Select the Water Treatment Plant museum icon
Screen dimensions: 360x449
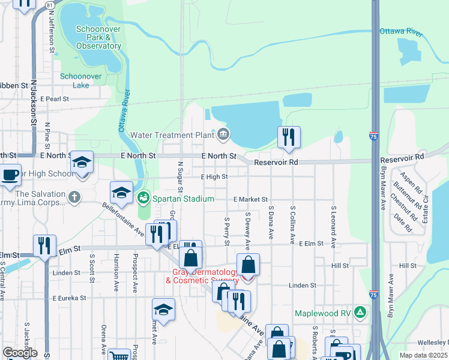(x=223, y=134)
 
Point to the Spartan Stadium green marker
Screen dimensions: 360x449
(x=144, y=197)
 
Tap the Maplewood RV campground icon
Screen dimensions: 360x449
(x=360, y=312)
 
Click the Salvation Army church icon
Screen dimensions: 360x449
(x=74, y=197)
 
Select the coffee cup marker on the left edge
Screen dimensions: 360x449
(x=9, y=175)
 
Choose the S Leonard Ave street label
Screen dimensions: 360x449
(x=334, y=221)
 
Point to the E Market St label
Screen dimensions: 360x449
(x=250, y=199)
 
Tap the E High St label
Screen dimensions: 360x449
(x=214, y=177)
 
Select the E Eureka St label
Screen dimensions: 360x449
(x=70, y=298)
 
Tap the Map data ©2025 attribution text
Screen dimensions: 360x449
(x=423, y=355)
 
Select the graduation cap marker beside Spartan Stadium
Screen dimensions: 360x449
(x=121, y=193)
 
